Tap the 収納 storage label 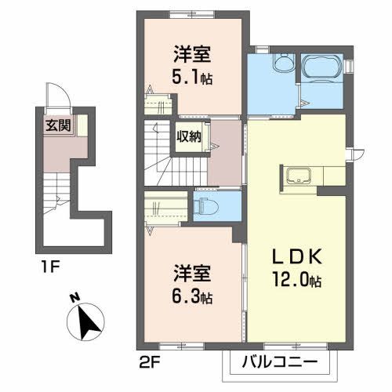coord(188,136)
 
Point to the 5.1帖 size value coord(194,79)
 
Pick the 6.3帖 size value coord(193,297)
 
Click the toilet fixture coord(207,207)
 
